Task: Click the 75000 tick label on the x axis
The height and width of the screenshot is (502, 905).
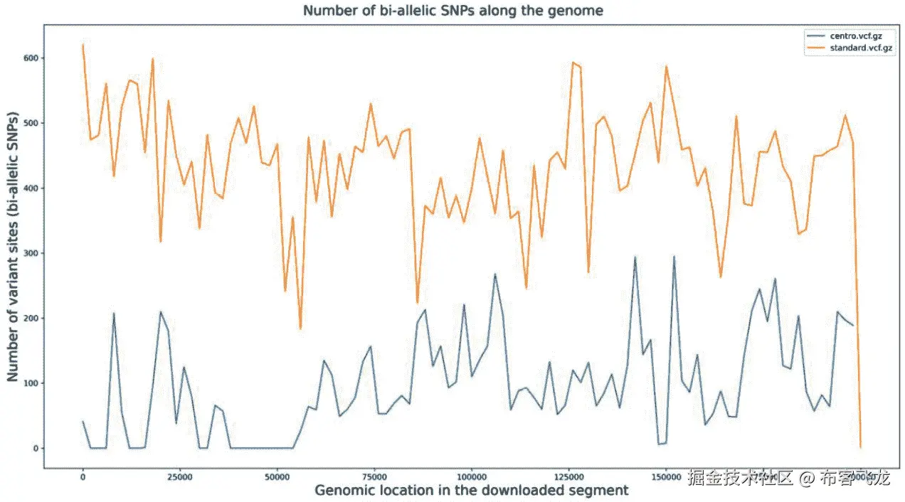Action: tap(374, 477)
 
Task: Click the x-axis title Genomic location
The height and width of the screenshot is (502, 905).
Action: tap(471, 490)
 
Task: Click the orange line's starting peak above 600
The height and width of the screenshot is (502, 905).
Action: tap(83, 45)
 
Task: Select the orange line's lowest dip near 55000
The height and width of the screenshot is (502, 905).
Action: tap(300, 328)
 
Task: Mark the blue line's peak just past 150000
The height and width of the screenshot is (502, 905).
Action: tap(674, 257)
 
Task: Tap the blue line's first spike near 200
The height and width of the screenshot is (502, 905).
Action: tap(114, 314)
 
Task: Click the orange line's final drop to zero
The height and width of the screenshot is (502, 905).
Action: tap(860, 447)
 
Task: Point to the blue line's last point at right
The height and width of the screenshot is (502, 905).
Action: tap(852, 325)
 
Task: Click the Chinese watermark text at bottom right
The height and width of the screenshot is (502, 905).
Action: tap(788, 477)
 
